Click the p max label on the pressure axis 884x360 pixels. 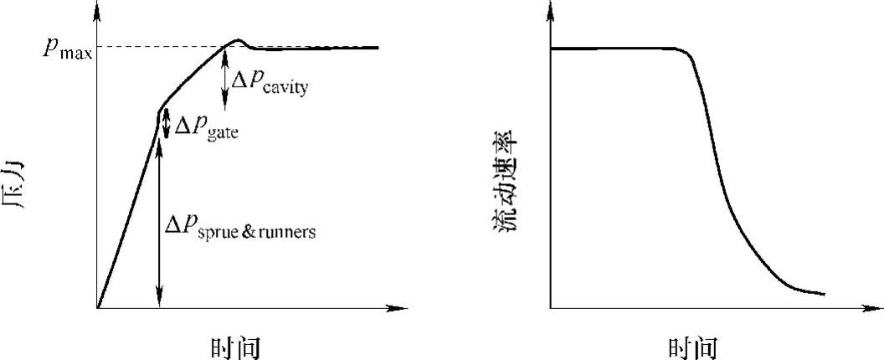(68, 49)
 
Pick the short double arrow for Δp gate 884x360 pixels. (166, 124)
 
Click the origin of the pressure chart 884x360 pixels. (98, 309)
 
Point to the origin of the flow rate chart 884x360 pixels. (551, 309)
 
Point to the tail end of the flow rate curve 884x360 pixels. (824, 294)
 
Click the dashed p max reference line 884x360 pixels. (159, 47)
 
